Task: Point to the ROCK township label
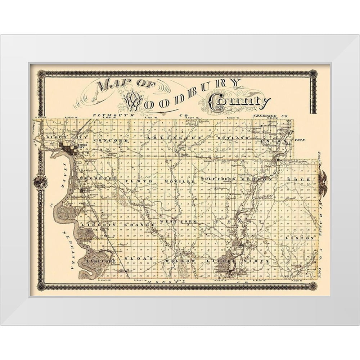pos(299,179)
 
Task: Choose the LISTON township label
pos(304,238)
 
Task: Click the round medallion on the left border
pos(40,182)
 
